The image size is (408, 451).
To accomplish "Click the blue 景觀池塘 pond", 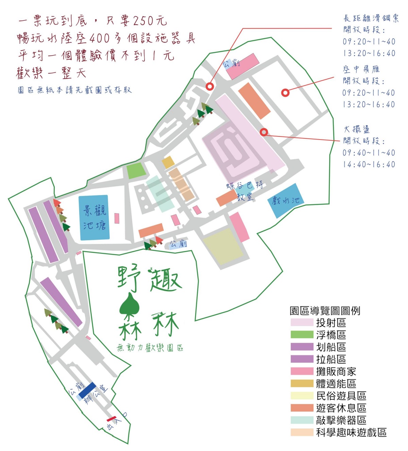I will click(94, 218).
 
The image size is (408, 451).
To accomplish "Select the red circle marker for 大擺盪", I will click(264, 132).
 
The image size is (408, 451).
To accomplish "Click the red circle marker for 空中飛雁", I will click(286, 92).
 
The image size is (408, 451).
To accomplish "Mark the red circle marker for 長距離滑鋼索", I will click(210, 86).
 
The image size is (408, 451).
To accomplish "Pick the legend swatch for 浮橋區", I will click(302, 335).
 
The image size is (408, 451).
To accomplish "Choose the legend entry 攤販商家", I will click(336, 371).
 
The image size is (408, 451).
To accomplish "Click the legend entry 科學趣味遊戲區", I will click(351, 432).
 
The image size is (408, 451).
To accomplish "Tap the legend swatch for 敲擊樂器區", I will click(302, 420).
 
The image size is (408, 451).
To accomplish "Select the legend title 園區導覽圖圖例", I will click(325, 311).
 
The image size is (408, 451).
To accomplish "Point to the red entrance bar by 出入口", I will click(112, 418).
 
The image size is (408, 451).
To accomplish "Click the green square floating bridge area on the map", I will click(136, 171).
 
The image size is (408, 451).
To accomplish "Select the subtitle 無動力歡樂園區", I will click(150, 348).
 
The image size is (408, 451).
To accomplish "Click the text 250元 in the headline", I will click(150, 21).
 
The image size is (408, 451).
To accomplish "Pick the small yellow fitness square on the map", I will click(168, 162).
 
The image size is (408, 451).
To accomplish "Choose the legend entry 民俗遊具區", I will click(341, 396).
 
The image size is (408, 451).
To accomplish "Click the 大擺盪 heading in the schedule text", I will click(356, 129).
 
